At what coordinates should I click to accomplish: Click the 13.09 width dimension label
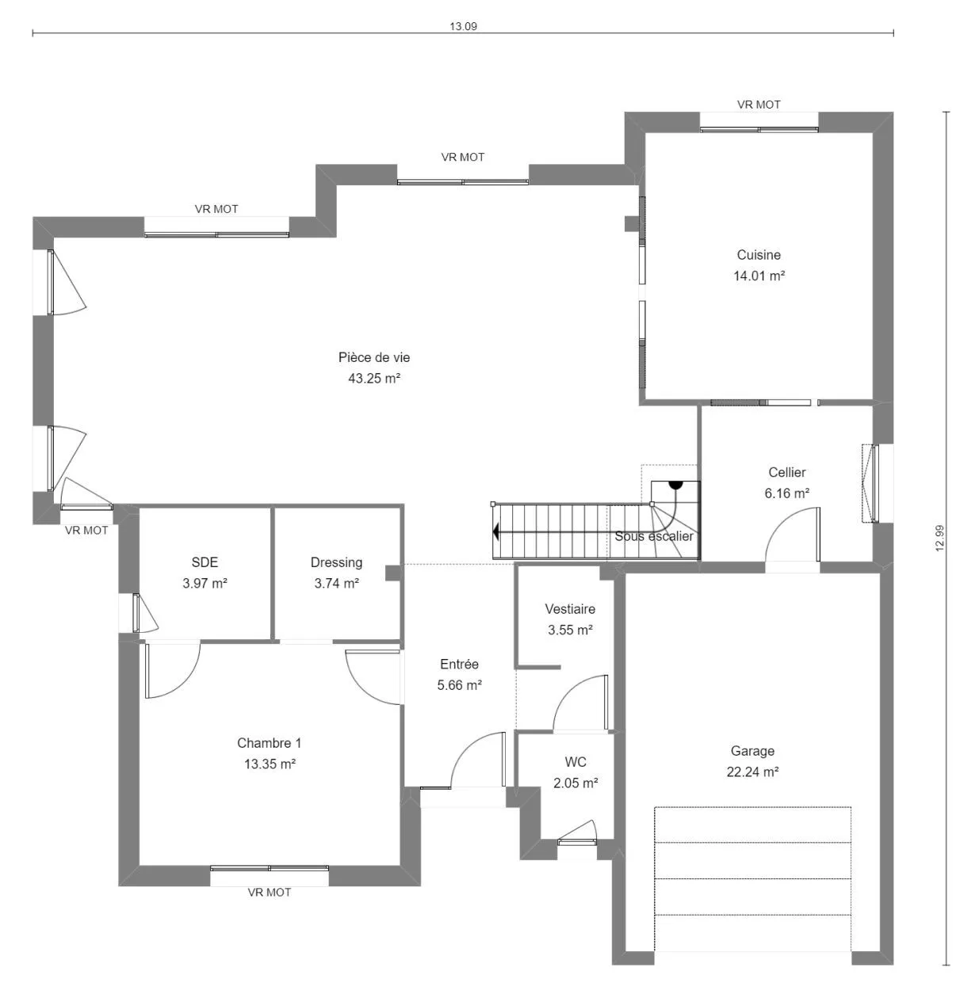pos(463,26)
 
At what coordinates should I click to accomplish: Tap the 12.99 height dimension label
pos(939,539)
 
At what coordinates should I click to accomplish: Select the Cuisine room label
pos(759,255)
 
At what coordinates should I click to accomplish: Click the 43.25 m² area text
pos(374,379)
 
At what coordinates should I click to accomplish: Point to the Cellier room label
pos(786,472)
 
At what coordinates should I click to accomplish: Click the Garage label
pos(752,751)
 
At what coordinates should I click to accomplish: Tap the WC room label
pos(576,762)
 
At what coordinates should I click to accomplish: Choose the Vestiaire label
pos(570,609)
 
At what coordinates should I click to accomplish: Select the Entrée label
pos(459,664)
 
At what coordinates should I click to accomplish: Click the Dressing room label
pos(337,562)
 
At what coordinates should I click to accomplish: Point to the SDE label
pos(205,562)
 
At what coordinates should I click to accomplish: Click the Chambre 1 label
pos(269,743)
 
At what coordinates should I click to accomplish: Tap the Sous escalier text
pos(654,536)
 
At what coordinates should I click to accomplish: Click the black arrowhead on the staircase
pos(496,531)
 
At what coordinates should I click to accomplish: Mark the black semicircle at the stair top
pos(675,485)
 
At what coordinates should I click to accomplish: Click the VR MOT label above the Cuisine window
pos(759,105)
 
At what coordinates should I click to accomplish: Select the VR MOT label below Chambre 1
pos(269,893)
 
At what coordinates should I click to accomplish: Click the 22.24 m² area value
pos(752,772)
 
